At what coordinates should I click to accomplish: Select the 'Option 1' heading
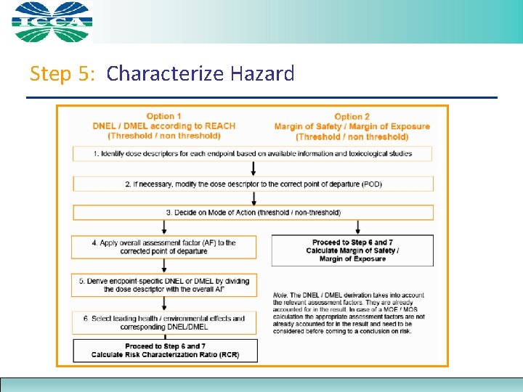click(x=163, y=116)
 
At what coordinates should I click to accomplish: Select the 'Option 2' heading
click(x=352, y=116)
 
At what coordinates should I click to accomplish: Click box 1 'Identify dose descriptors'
click(x=253, y=153)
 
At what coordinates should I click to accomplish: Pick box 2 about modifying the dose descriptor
click(x=253, y=184)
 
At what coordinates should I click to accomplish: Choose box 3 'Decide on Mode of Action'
click(x=253, y=212)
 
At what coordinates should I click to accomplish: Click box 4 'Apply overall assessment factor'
click(x=163, y=247)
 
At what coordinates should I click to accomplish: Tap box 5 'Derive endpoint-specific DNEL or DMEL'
click(x=163, y=285)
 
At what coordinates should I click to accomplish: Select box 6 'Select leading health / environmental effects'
click(x=163, y=322)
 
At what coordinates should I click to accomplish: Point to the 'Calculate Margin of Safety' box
click(x=352, y=250)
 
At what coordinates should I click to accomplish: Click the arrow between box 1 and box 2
click(x=254, y=168)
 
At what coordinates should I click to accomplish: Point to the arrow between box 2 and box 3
click(x=254, y=198)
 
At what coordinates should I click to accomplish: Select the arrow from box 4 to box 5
click(x=163, y=266)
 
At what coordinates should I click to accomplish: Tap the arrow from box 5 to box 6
click(x=163, y=303)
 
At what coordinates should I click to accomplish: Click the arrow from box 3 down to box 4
click(x=163, y=227)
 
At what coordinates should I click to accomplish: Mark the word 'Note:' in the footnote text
click(x=281, y=295)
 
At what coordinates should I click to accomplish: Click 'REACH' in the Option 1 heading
click(x=219, y=126)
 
